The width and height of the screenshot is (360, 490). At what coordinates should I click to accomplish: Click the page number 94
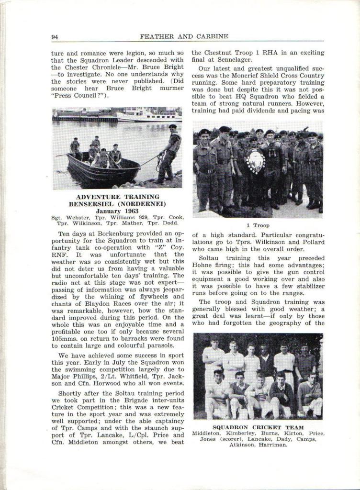[x=55, y=36]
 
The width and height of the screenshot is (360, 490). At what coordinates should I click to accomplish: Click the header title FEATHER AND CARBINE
[x=184, y=36]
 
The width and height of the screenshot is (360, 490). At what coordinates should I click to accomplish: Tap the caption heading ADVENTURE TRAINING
[x=117, y=197]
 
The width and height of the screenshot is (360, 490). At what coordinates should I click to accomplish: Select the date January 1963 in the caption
[x=117, y=210]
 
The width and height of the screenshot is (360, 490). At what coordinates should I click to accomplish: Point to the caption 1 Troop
[x=258, y=225]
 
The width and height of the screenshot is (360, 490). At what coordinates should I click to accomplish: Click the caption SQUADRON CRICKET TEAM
[x=258, y=427]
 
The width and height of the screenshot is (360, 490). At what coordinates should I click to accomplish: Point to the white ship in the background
[x=146, y=116]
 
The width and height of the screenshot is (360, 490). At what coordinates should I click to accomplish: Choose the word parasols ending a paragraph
[x=157, y=345]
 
